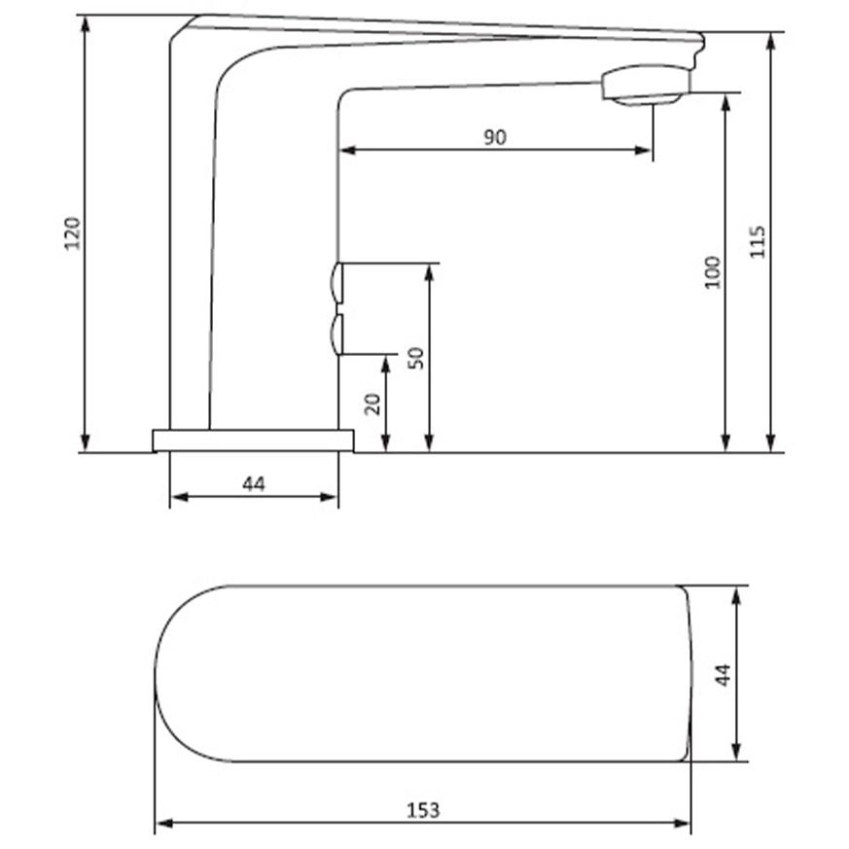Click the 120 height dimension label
tap(72, 233)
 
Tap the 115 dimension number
tap(757, 241)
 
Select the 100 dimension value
tap(714, 272)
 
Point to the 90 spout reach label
tap(495, 137)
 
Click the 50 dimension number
tap(416, 359)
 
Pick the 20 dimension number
tap(372, 404)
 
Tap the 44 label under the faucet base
tap(254, 484)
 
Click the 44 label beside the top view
tap(724, 675)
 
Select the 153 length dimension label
tap(423, 810)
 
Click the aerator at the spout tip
tap(646, 85)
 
